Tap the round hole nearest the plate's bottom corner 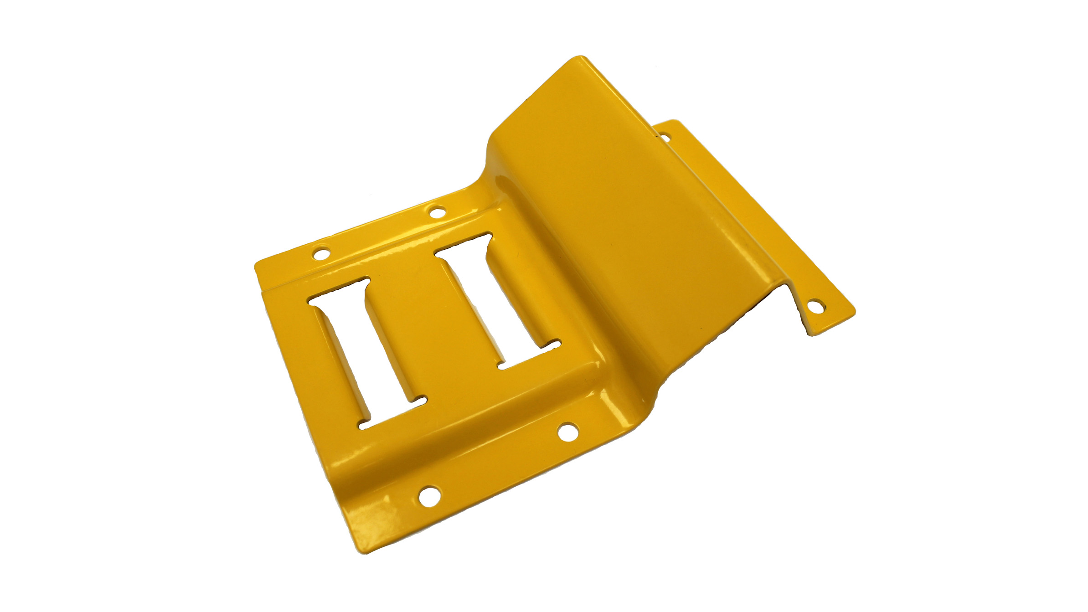(x=429, y=495)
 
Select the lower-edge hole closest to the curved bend (x=568, y=431)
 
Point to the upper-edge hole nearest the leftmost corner (x=322, y=252)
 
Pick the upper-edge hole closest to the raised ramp (x=437, y=211)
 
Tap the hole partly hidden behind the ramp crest (x=665, y=136)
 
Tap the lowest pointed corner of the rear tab (x=812, y=335)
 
